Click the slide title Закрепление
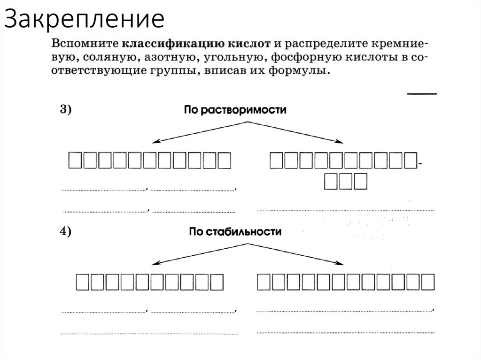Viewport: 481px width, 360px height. pos(85,20)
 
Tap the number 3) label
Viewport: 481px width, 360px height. pos(65,109)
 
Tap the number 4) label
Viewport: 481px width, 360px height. pos(65,231)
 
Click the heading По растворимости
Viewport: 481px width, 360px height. pos(235,109)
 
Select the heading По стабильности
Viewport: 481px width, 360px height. pos(235,231)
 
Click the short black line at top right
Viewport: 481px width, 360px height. pos(422,94)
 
